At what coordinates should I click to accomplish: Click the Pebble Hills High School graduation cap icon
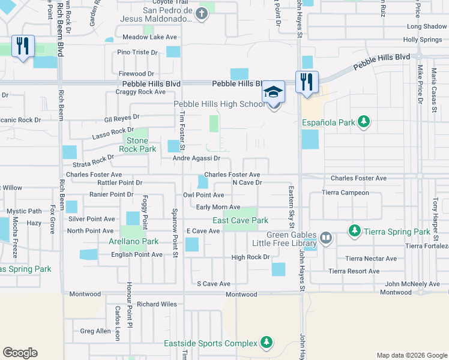pos(274,92)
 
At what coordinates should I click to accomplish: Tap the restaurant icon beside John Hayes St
pos(307,82)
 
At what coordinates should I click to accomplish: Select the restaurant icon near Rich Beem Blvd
pos(23,46)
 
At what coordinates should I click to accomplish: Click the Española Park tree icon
pos(363,122)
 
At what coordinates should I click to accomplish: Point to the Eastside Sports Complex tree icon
pos(266,343)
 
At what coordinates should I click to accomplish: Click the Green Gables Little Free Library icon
pos(326,238)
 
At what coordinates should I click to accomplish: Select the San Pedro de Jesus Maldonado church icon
pos(202,14)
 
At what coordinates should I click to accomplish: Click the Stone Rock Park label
pos(137,145)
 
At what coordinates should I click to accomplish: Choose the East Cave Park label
pos(240,220)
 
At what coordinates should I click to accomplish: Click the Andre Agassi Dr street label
pos(197,159)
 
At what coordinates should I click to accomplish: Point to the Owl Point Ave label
pos(203,195)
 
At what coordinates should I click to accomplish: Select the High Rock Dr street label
pos(251,257)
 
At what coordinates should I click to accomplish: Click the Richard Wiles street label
pos(157,304)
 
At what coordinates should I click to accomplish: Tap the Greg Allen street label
pos(95,331)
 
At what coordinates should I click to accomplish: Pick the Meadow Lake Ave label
pos(149,37)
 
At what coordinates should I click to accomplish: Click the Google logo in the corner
pos(20,353)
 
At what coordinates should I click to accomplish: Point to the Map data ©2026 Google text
pos(411,355)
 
